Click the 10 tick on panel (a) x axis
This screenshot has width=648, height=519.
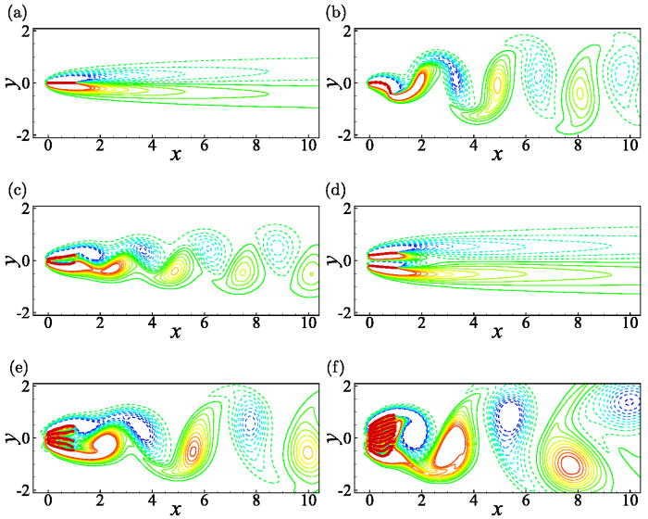[307, 146]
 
